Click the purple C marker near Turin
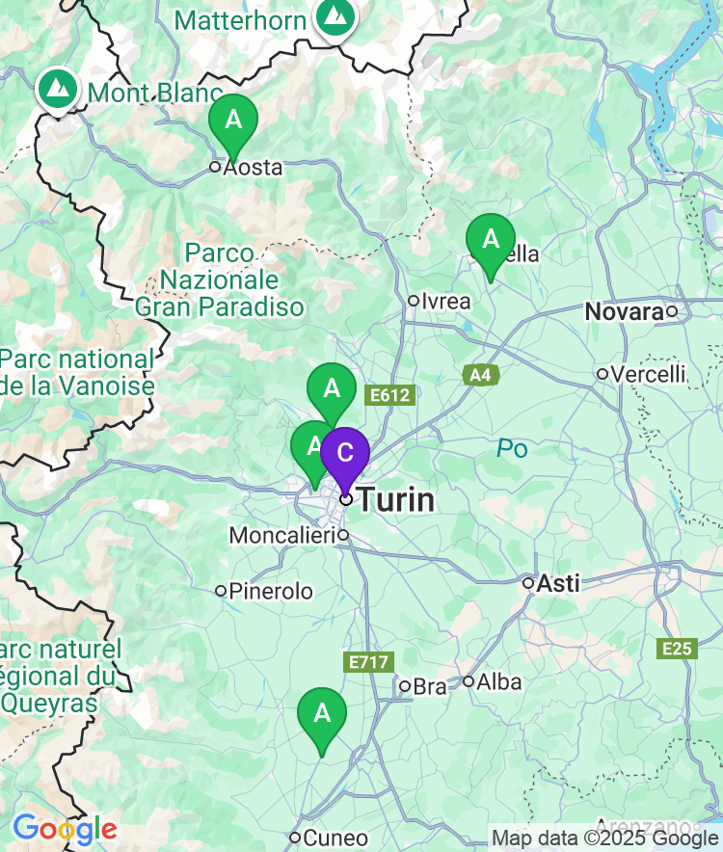(344, 453)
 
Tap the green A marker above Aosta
(233, 120)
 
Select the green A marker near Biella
(490, 239)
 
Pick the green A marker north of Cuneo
(322, 714)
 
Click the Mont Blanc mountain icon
(59, 89)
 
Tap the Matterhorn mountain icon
(335, 15)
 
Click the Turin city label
(396, 500)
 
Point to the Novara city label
(625, 311)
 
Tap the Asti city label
(558, 583)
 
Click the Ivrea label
(445, 301)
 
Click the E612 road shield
(390, 395)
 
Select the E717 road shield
(368, 662)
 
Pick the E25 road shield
(678, 649)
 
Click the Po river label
(512, 448)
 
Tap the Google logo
(65, 829)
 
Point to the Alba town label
(499, 682)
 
